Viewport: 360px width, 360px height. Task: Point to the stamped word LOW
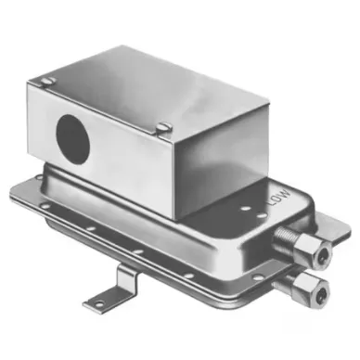[276, 199]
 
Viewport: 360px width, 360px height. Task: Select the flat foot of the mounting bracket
[106, 299]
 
